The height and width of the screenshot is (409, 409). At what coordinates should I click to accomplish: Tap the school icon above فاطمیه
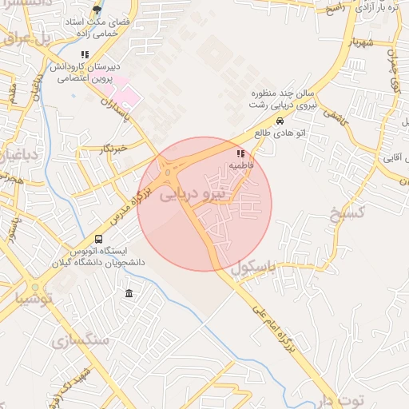240,153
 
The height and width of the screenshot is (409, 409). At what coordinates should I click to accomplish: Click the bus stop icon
98,239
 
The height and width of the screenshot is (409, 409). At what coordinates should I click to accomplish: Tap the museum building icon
129,295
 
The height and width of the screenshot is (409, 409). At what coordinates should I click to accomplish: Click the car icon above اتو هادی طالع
280,121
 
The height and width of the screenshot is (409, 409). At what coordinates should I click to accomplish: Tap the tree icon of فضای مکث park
97,10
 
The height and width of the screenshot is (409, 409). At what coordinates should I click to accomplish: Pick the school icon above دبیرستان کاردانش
85,55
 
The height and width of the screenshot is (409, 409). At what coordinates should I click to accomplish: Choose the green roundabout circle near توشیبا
36,285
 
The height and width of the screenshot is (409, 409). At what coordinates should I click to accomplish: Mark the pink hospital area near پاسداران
125,97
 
